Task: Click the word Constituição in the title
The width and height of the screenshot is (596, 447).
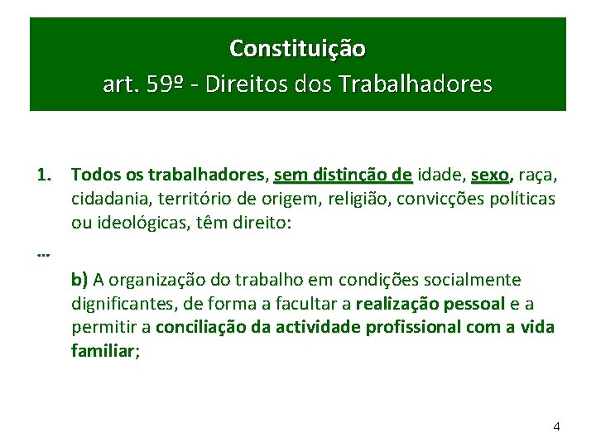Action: [297, 49]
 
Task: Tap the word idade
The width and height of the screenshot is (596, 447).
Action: [440, 175]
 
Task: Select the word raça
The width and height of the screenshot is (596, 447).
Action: [538, 175]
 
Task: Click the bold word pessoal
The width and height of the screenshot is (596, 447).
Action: [476, 304]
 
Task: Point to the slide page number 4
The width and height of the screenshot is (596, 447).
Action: [556, 426]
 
